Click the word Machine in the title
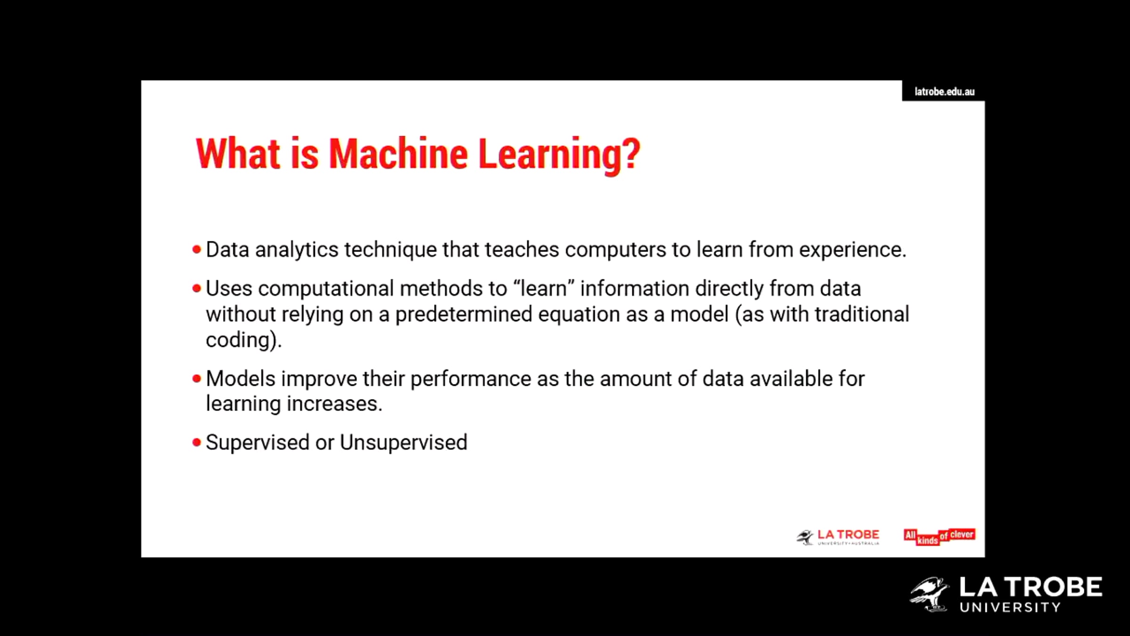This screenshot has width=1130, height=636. (398, 154)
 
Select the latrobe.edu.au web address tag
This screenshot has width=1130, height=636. (944, 91)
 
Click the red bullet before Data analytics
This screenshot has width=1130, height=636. (197, 250)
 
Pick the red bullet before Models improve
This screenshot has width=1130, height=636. (197, 378)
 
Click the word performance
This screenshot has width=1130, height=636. (471, 379)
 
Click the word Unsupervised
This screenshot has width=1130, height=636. (404, 443)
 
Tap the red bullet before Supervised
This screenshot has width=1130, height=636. (197, 442)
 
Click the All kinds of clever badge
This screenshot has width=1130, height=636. (939, 537)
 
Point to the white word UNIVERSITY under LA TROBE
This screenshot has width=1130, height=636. (1010, 607)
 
